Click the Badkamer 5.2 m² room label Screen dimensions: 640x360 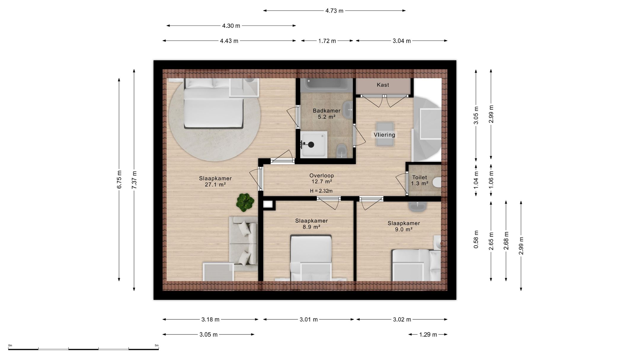pyautogui.click(x=327, y=114)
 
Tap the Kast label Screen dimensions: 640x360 pyautogui.click(x=383, y=85)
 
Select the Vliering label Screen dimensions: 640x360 pyautogui.click(x=384, y=135)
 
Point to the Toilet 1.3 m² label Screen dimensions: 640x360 pyautogui.click(x=420, y=180)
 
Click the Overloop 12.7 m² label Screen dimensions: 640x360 pyautogui.click(x=322, y=178)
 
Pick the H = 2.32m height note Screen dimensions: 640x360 pyautogui.click(x=321, y=191)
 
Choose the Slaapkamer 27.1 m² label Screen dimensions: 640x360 pyautogui.click(x=215, y=181)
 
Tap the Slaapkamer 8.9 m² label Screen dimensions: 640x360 pyautogui.click(x=311, y=224)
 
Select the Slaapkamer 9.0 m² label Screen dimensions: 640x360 pyautogui.click(x=404, y=226)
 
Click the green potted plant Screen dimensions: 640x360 pyautogui.click(x=245, y=202)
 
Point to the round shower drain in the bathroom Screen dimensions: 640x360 pyautogui.click(x=311, y=145)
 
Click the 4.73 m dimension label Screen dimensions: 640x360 pyautogui.click(x=335, y=11)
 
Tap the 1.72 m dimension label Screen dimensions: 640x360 pyautogui.click(x=327, y=41)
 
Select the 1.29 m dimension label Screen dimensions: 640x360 pyautogui.click(x=428, y=335)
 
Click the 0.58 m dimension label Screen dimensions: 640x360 pyautogui.click(x=476, y=239)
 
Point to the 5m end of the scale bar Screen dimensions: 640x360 pyautogui.click(x=159, y=349)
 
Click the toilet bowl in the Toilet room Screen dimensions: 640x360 pyautogui.click(x=437, y=182)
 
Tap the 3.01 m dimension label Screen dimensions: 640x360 pyautogui.click(x=309, y=319)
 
